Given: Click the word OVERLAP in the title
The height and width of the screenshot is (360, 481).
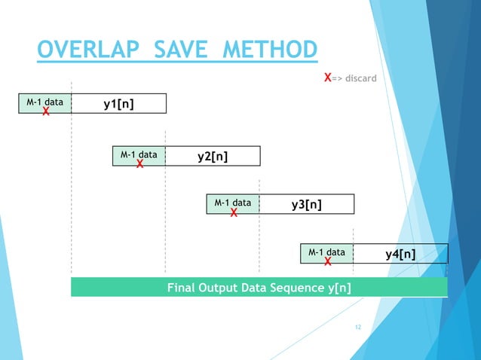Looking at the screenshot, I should (89, 51).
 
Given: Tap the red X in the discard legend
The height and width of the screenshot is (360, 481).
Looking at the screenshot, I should (327, 78).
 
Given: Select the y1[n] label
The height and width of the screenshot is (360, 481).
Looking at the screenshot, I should (118, 103).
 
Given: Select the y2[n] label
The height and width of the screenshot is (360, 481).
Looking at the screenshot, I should (213, 156).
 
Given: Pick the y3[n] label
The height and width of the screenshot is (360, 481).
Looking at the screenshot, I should (307, 204).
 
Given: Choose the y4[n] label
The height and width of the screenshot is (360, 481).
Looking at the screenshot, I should (400, 254).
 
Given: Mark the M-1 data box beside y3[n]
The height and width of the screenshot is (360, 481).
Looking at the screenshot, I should (233, 203).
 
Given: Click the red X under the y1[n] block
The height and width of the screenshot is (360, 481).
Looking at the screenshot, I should (45, 112).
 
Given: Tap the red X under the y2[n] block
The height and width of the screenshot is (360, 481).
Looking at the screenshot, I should (139, 165).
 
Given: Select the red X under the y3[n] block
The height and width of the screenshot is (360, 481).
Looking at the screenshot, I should (234, 214).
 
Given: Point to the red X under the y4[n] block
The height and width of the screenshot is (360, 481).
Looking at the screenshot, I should (328, 263).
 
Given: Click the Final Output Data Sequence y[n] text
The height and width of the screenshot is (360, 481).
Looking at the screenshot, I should (259, 287).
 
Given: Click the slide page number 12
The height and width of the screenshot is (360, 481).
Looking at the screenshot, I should (358, 328).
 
